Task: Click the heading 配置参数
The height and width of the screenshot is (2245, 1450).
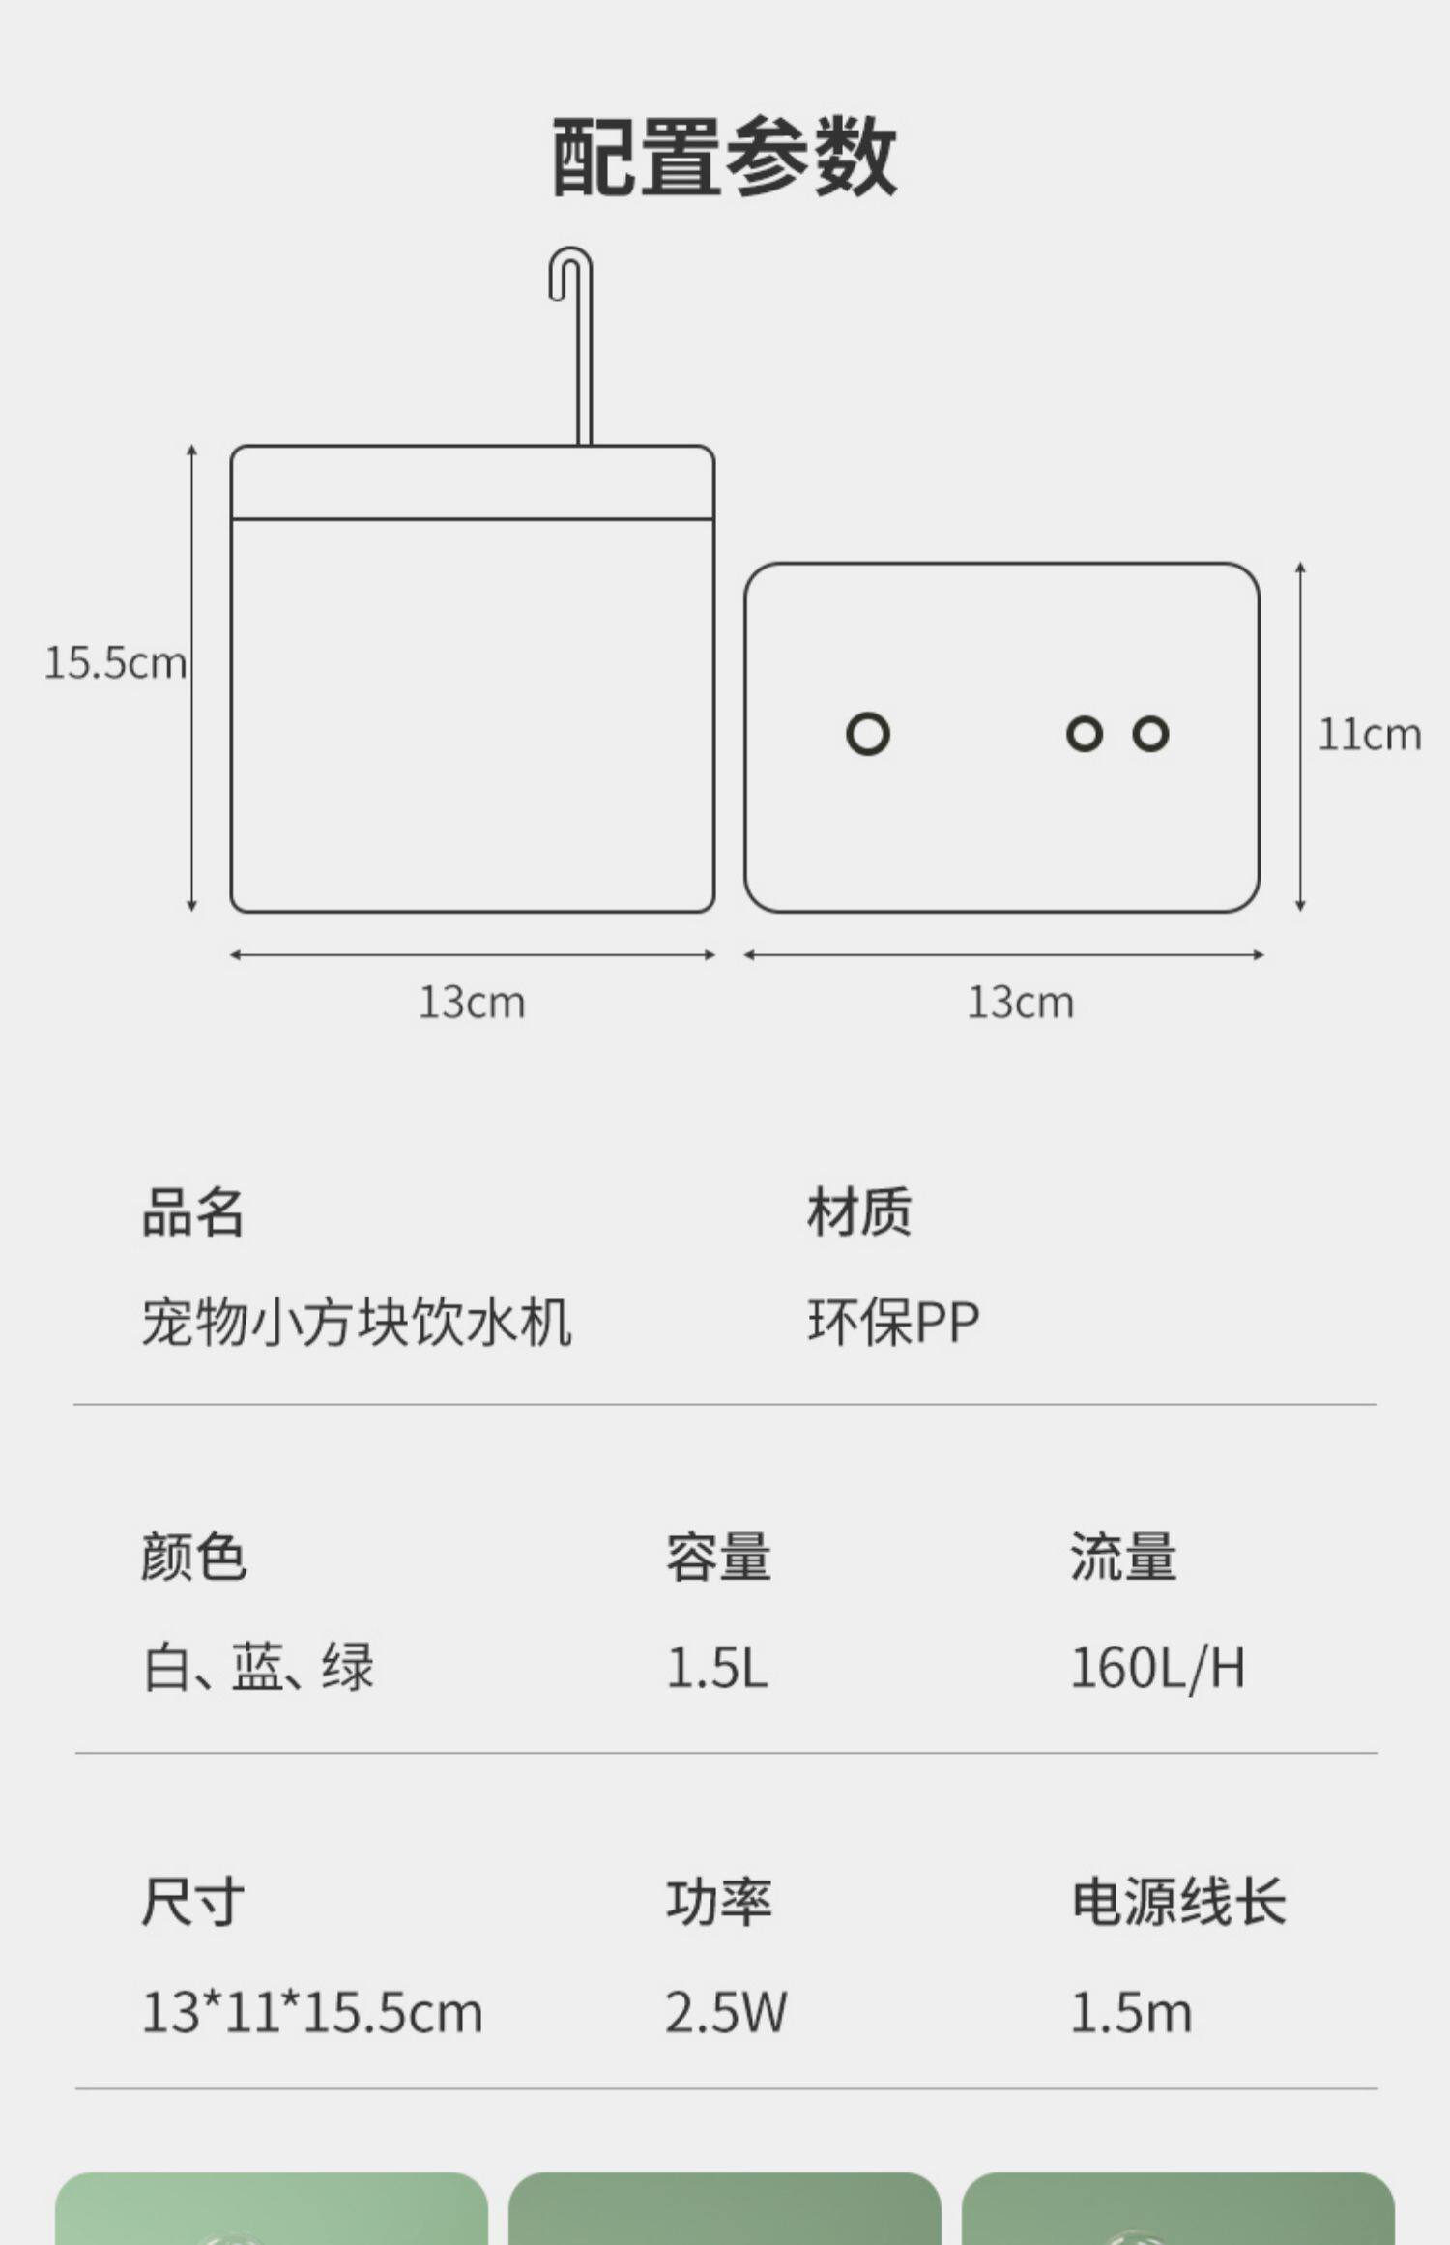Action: click(x=724, y=157)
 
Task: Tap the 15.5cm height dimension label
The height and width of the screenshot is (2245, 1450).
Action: click(x=115, y=663)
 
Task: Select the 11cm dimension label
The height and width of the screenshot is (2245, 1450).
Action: click(x=1369, y=735)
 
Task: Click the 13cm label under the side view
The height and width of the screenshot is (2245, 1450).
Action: click(x=472, y=1002)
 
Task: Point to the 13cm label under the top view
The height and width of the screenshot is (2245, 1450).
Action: click(x=1020, y=1002)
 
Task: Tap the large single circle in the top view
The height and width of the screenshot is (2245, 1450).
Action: click(x=867, y=734)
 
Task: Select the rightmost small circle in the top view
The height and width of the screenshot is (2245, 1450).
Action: click(x=1150, y=734)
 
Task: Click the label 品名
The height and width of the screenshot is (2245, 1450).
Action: click(x=193, y=1212)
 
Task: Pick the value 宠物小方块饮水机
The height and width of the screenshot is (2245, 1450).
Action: click(x=357, y=1322)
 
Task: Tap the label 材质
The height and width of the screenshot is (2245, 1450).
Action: click(x=859, y=1212)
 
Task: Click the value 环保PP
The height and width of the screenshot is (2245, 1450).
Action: click(x=893, y=1322)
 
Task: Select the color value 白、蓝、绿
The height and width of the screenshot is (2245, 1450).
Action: click(x=258, y=1668)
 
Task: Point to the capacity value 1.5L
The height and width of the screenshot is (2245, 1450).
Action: click(x=716, y=1668)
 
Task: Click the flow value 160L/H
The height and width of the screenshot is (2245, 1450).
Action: click(x=1157, y=1668)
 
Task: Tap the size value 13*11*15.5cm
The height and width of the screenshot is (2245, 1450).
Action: click(x=311, y=2013)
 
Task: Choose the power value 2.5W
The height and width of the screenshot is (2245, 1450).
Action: click(x=725, y=2013)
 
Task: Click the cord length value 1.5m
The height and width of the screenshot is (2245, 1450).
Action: click(x=1130, y=2013)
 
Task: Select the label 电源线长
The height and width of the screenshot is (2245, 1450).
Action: click(x=1178, y=1902)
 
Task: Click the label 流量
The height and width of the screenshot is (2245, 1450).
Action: click(x=1123, y=1557)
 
